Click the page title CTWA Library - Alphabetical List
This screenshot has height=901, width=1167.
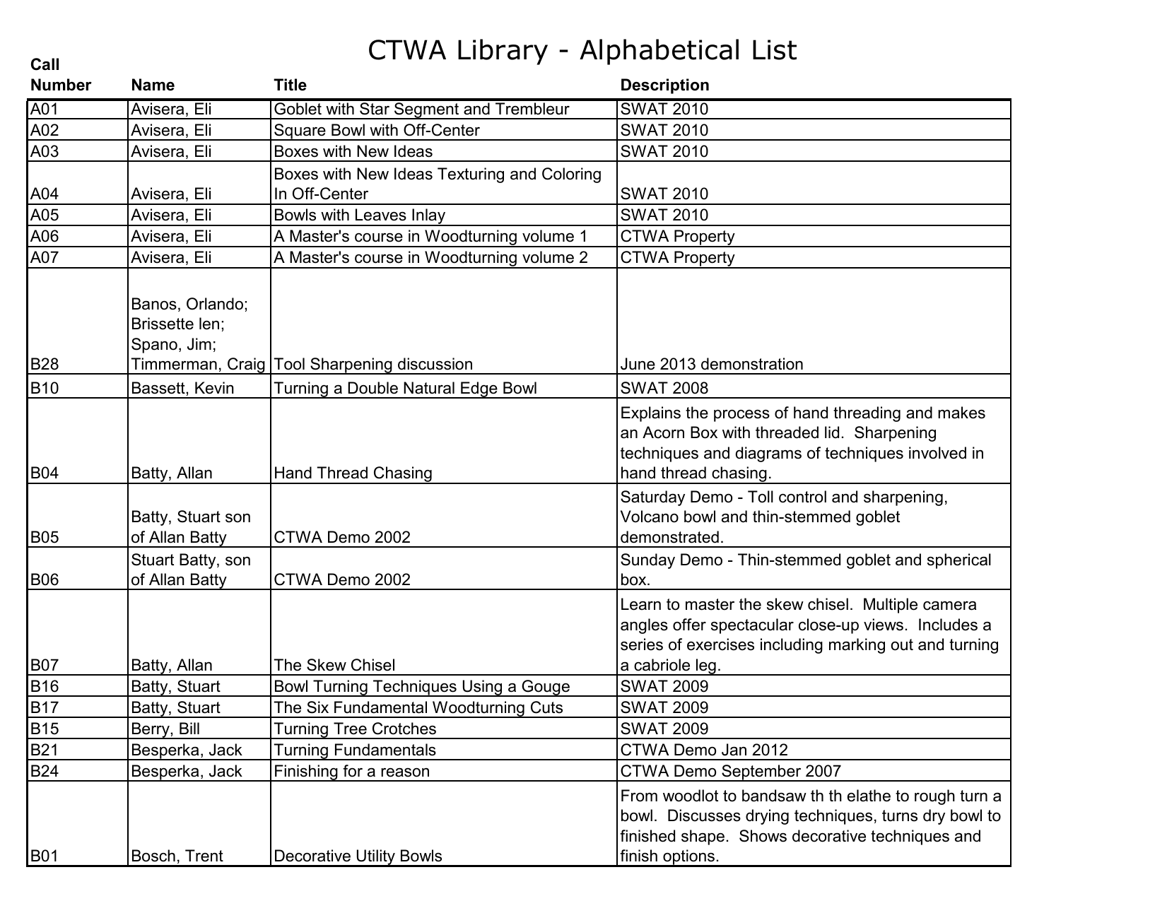(x=582, y=50)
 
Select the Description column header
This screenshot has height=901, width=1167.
(x=664, y=86)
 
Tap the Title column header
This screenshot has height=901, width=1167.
(x=290, y=86)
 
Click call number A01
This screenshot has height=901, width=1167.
(x=45, y=110)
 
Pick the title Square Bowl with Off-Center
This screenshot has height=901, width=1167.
(x=376, y=131)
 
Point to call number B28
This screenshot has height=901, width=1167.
(x=45, y=365)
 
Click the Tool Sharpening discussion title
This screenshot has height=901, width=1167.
(x=373, y=365)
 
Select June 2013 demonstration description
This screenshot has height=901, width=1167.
(x=711, y=365)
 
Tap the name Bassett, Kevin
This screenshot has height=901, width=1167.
(x=182, y=389)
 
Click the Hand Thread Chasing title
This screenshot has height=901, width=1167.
(x=352, y=473)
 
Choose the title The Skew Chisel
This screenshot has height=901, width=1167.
(x=334, y=666)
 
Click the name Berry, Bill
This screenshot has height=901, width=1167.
(x=165, y=729)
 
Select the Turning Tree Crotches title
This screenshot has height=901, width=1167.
(x=354, y=729)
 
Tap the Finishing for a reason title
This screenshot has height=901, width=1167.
(x=351, y=772)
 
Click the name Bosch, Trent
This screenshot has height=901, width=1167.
(x=177, y=856)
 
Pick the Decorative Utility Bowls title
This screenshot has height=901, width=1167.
(x=357, y=856)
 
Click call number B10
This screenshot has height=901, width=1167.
(x=45, y=389)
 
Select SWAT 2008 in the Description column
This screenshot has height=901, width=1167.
(x=664, y=389)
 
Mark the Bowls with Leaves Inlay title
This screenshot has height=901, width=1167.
(x=359, y=216)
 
